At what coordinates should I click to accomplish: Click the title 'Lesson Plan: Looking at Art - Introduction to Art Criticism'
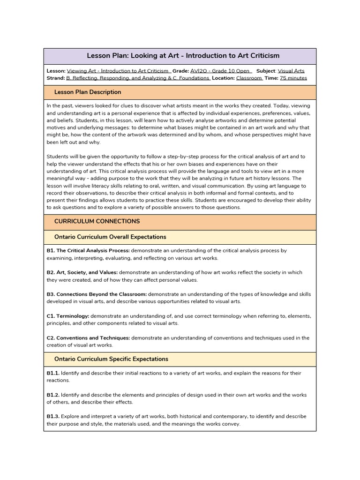pos(180,56)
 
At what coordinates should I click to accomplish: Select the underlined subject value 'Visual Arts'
pos(291,71)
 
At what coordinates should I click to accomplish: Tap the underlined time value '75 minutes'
pos(293,78)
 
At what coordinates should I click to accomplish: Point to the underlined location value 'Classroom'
pos(249,78)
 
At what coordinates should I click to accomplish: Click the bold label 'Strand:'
pos(56,78)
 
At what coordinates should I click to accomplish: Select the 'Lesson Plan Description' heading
pos(88,92)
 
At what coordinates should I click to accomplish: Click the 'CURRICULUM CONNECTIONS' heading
pos(97,221)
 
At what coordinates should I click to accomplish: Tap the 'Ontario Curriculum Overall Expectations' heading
pos(110,237)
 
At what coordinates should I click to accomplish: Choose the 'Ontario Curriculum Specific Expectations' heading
pos(111,359)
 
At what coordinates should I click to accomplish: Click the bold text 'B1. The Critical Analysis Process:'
pos(88,251)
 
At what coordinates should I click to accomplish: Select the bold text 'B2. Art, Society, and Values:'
pos(82,272)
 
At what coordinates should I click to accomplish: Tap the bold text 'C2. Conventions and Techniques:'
pos(88,338)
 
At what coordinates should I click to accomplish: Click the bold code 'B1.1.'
pos(53,373)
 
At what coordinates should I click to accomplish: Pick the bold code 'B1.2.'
pos(53,395)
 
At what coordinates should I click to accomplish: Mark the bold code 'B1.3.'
pos(53,417)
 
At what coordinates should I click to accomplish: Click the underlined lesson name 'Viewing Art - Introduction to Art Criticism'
pos(119,71)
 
